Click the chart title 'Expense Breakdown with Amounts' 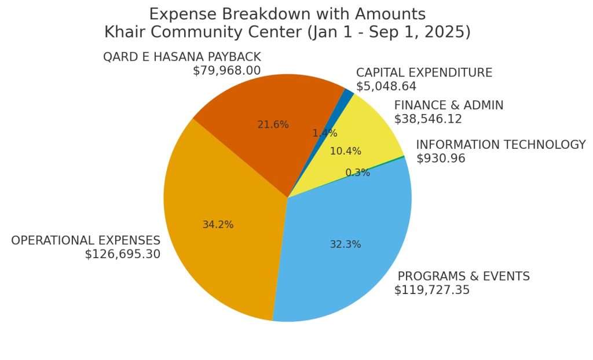pos(287,14)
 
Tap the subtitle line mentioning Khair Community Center pos(287,32)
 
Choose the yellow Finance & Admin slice pos(371,133)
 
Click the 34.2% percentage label pos(218,225)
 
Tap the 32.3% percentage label pos(345,244)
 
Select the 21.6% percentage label pos(273,124)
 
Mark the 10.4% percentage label pos(345,151)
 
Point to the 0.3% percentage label pos(357,172)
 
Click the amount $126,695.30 pos(122,254)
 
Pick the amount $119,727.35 pos(432,290)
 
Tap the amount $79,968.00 pos(226,71)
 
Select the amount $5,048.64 pos(386,86)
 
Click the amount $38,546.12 pos(428,119)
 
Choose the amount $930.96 pos(441,158)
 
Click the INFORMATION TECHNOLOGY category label pos(501,145)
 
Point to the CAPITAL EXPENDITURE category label pos(424,73)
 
